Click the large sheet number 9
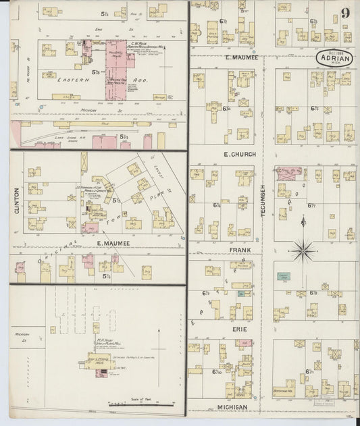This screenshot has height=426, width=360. [346, 13]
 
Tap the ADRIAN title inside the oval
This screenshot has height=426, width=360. [337, 58]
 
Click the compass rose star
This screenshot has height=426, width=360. [304, 251]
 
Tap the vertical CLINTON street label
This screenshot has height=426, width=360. [17, 201]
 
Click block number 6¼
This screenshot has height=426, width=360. [226, 108]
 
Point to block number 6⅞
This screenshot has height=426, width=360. [313, 293]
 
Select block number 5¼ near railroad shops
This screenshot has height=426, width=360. [105, 137]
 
